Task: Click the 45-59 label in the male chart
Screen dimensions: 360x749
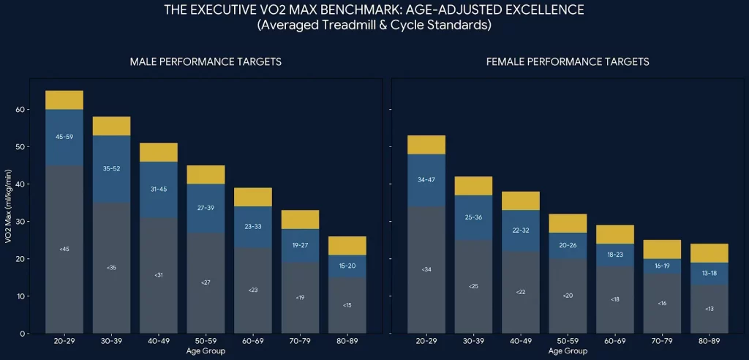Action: (x=64, y=137)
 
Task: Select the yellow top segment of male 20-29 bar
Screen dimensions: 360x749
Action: (x=64, y=100)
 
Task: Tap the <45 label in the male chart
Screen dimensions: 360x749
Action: (x=64, y=250)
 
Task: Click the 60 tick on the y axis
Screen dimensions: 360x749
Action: (x=19, y=110)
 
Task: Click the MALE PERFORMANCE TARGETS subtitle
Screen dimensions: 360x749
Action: (x=206, y=62)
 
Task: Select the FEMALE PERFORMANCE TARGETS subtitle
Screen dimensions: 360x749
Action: (x=568, y=62)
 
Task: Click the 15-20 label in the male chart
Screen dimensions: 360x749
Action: (x=347, y=266)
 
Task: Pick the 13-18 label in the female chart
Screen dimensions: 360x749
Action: (x=710, y=273)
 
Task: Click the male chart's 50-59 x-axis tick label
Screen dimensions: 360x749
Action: (x=206, y=341)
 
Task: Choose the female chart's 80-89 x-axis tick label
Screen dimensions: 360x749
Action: (x=710, y=341)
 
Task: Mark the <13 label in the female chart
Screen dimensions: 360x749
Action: (x=710, y=309)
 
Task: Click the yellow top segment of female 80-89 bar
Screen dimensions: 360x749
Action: (x=710, y=253)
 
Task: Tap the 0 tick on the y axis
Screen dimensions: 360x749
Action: (x=22, y=334)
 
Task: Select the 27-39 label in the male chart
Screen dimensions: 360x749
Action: (x=206, y=208)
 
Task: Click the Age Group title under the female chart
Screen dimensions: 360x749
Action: (x=568, y=351)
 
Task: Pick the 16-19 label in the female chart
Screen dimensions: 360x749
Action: (x=662, y=266)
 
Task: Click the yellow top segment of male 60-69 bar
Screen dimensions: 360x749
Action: (x=253, y=197)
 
